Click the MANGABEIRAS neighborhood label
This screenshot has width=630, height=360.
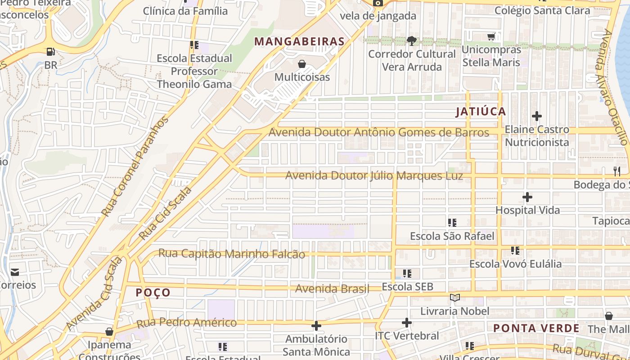[299, 42]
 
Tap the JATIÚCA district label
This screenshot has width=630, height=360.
[481, 112]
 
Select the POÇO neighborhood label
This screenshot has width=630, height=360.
[153, 292]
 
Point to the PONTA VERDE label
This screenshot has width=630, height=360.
[536, 328]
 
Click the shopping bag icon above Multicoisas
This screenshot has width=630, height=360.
[302, 64]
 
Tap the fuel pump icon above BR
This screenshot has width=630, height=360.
[50, 52]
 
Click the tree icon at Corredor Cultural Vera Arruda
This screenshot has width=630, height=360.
[411, 41]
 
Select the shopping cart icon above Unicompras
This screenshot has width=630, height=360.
[491, 36]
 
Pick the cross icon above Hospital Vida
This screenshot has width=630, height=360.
[527, 197]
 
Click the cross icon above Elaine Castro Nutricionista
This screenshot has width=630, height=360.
[536, 116]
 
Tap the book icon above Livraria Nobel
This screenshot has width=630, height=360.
[455, 297]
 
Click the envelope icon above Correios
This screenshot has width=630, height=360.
[15, 272]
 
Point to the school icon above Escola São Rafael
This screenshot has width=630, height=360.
[452, 222]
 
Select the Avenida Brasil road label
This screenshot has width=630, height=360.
[332, 288]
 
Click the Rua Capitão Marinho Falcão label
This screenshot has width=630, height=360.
[231, 254]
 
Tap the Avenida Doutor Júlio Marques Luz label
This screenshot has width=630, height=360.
[373, 175]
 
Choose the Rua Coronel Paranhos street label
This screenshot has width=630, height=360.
[135, 166]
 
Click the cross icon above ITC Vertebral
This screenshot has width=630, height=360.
[406, 322]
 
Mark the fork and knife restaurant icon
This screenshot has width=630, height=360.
[616, 171]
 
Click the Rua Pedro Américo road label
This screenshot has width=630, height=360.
[186, 323]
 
